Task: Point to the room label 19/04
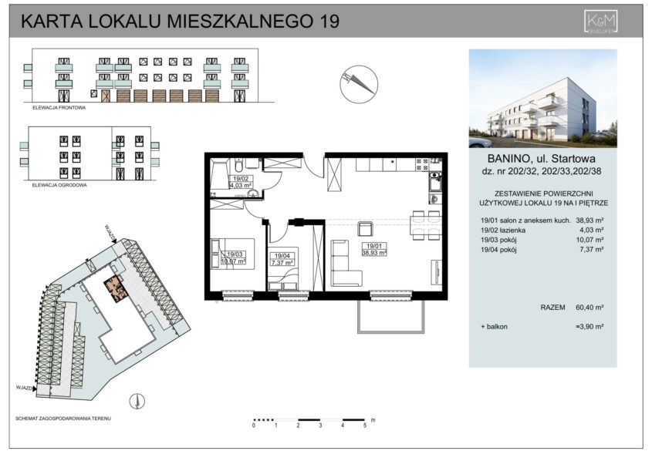tap(281, 254)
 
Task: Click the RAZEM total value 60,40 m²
tap(590, 307)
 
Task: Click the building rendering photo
tap(542, 99)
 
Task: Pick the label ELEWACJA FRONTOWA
tap(59, 109)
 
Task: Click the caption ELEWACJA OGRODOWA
tap(60, 186)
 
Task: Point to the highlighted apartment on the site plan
tap(118, 288)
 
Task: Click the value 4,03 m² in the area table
tap(593, 230)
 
